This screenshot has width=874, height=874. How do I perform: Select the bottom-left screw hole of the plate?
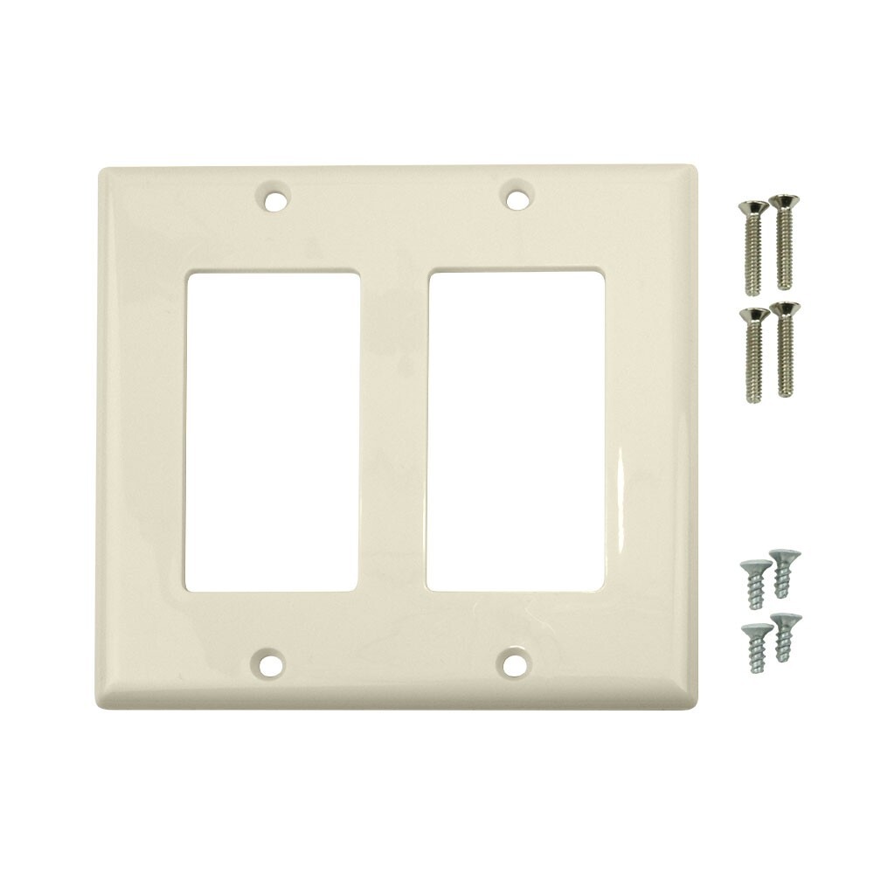pos(271,662)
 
